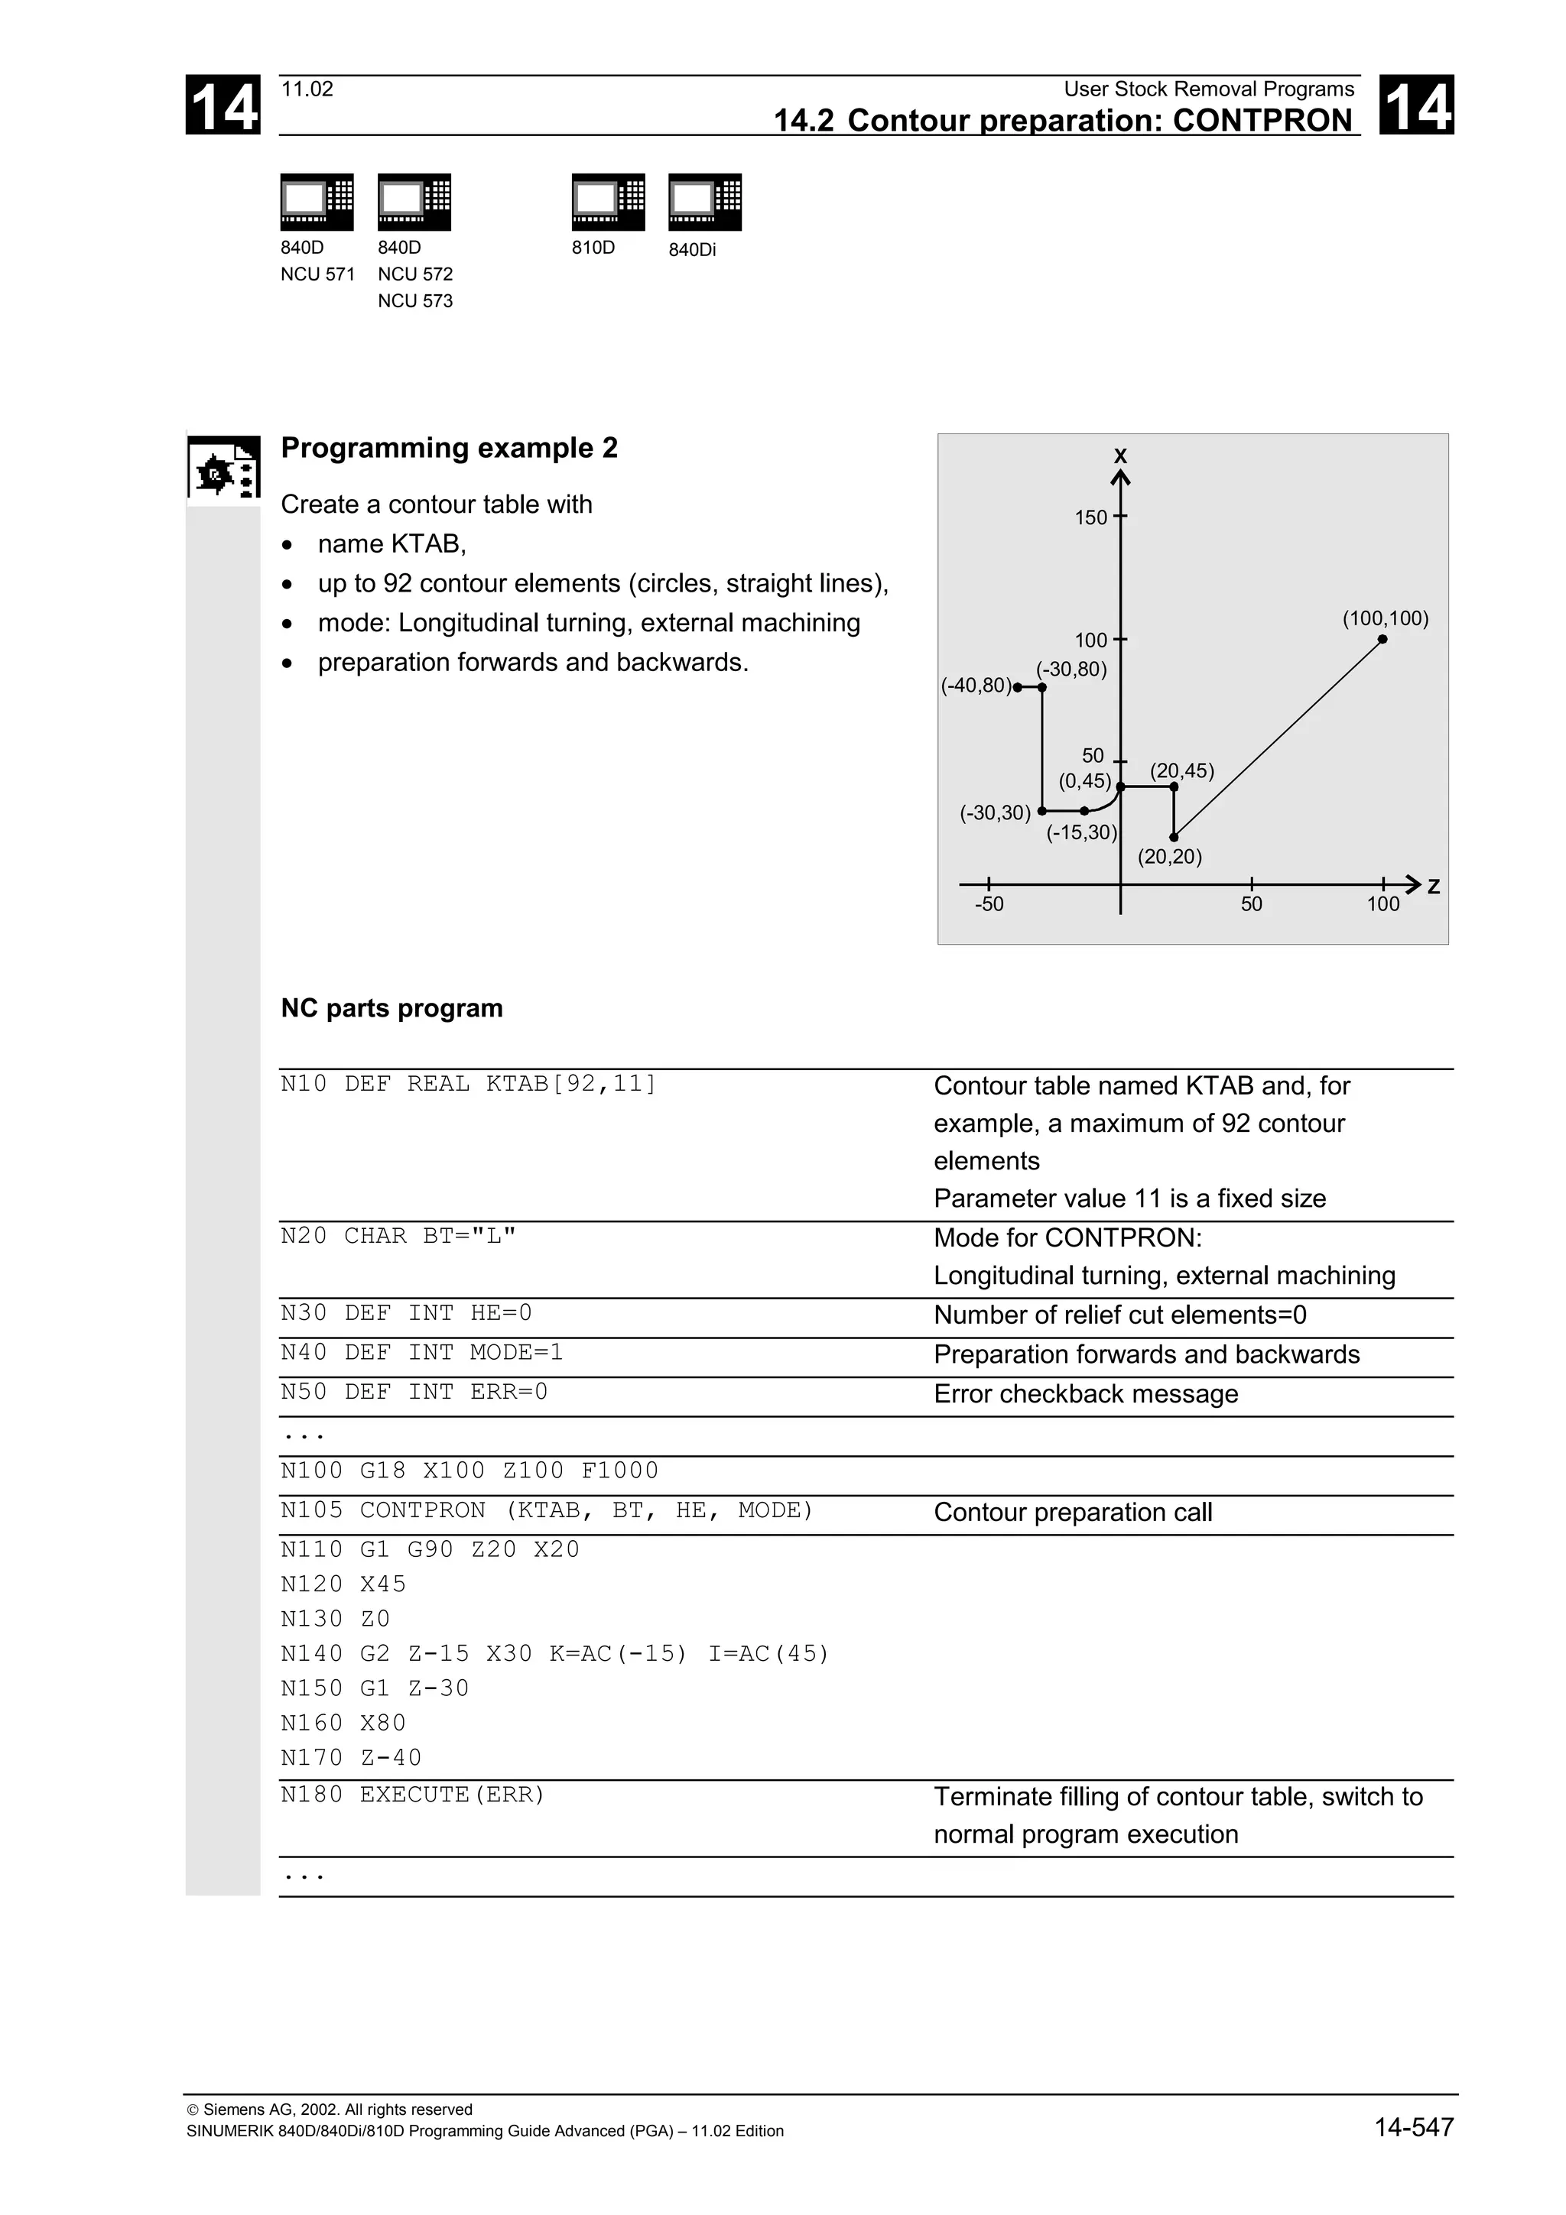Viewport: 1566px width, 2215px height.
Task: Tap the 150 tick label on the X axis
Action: tap(1090, 517)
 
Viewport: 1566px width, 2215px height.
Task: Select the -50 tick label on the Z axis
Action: tap(989, 904)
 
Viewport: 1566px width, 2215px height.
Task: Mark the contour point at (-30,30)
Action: tap(1042, 812)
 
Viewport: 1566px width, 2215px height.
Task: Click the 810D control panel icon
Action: tap(608, 202)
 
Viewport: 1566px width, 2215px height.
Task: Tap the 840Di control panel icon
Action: tap(704, 202)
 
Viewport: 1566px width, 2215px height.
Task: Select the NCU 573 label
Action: tap(415, 301)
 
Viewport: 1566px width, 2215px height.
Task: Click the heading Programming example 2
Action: tap(449, 448)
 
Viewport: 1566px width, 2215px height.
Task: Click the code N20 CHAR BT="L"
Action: tap(398, 1236)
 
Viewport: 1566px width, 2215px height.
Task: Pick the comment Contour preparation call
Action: tap(1072, 1513)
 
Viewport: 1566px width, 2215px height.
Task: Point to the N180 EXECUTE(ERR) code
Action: tap(413, 1795)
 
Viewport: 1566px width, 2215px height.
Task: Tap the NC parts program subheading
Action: tap(391, 1008)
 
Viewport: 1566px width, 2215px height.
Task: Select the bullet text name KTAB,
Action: tap(391, 544)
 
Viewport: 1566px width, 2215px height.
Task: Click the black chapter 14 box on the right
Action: tap(1415, 105)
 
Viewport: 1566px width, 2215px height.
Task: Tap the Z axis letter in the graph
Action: tap(1433, 886)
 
